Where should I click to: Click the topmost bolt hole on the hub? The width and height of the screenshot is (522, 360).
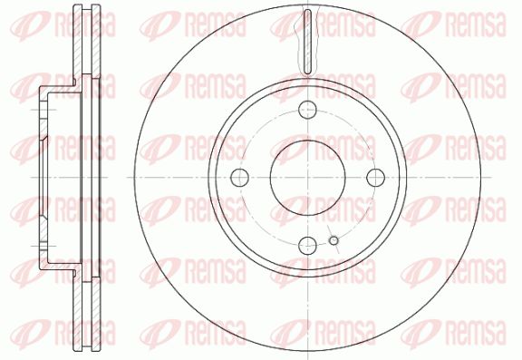pos(307,110)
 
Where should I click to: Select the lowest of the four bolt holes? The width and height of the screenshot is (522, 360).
pos(307,245)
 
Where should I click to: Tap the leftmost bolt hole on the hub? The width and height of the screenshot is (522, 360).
pos(239,177)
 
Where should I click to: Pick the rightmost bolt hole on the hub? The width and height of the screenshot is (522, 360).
pos(375,177)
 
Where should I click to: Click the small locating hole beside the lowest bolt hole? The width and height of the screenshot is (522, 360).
pos(333,240)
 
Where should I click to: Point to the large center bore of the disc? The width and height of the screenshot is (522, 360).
pos(307,177)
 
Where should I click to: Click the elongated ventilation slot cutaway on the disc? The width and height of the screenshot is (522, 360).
pos(308,41)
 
